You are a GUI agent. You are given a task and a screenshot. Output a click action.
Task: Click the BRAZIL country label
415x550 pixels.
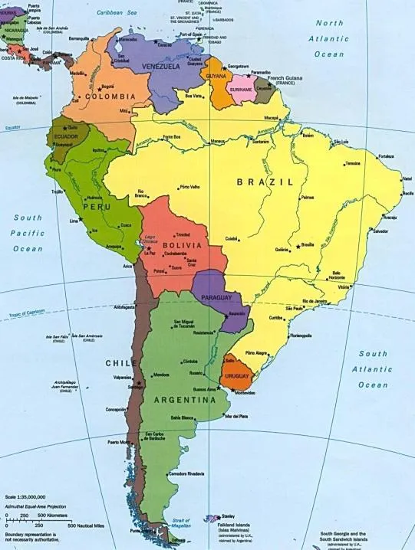point(265,182)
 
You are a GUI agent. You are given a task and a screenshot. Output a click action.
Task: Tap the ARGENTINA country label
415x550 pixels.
point(184,400)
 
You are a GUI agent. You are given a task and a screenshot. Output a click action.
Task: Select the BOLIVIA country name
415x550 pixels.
point(182,244)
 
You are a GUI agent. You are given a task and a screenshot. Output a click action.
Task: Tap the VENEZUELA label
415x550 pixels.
point(160,67)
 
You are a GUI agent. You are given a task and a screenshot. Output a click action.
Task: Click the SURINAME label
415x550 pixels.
point(241,89)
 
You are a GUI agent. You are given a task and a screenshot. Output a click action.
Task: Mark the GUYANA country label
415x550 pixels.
point(216,77)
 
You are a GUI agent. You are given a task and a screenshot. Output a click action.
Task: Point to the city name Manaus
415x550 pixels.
point(218,141)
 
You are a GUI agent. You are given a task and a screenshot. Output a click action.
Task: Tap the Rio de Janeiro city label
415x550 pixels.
point(315,301)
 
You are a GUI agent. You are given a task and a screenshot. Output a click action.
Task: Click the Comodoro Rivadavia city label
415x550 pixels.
point(186,473)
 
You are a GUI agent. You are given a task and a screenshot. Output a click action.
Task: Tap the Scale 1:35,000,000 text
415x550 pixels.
point(25,496)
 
